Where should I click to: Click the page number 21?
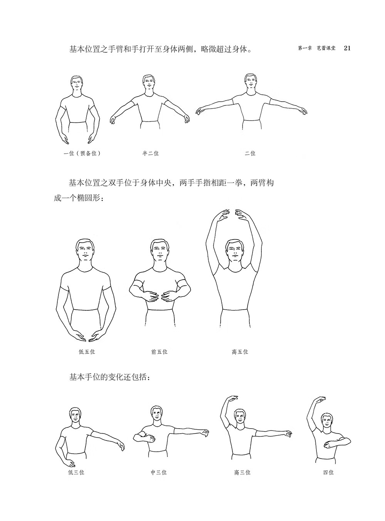(x=347, y=48)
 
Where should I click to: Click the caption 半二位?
(x=151, y=153)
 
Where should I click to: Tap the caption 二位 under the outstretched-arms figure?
(x=250, y=153)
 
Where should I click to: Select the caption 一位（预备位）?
(x=82, y=153)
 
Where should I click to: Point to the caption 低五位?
(x=87, y=352)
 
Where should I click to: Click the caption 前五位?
(x=159, y=352)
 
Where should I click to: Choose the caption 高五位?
(x=240, y=352)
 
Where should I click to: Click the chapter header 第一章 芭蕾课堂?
(x=317, y=48)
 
